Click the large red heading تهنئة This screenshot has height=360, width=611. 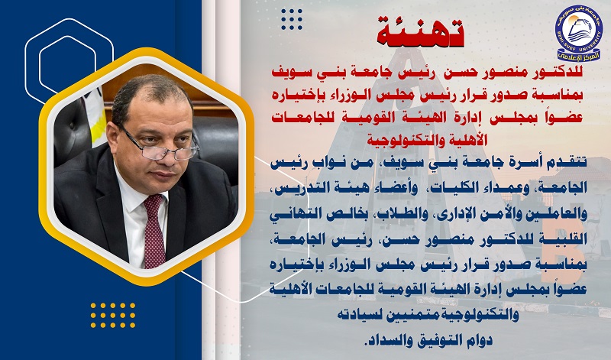click(x=421, y=31)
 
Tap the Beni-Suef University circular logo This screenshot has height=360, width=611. click(x=579, y=33)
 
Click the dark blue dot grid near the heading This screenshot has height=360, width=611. click(x=292, y=20)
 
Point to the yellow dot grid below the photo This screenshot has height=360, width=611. click(x=113, y=315)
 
